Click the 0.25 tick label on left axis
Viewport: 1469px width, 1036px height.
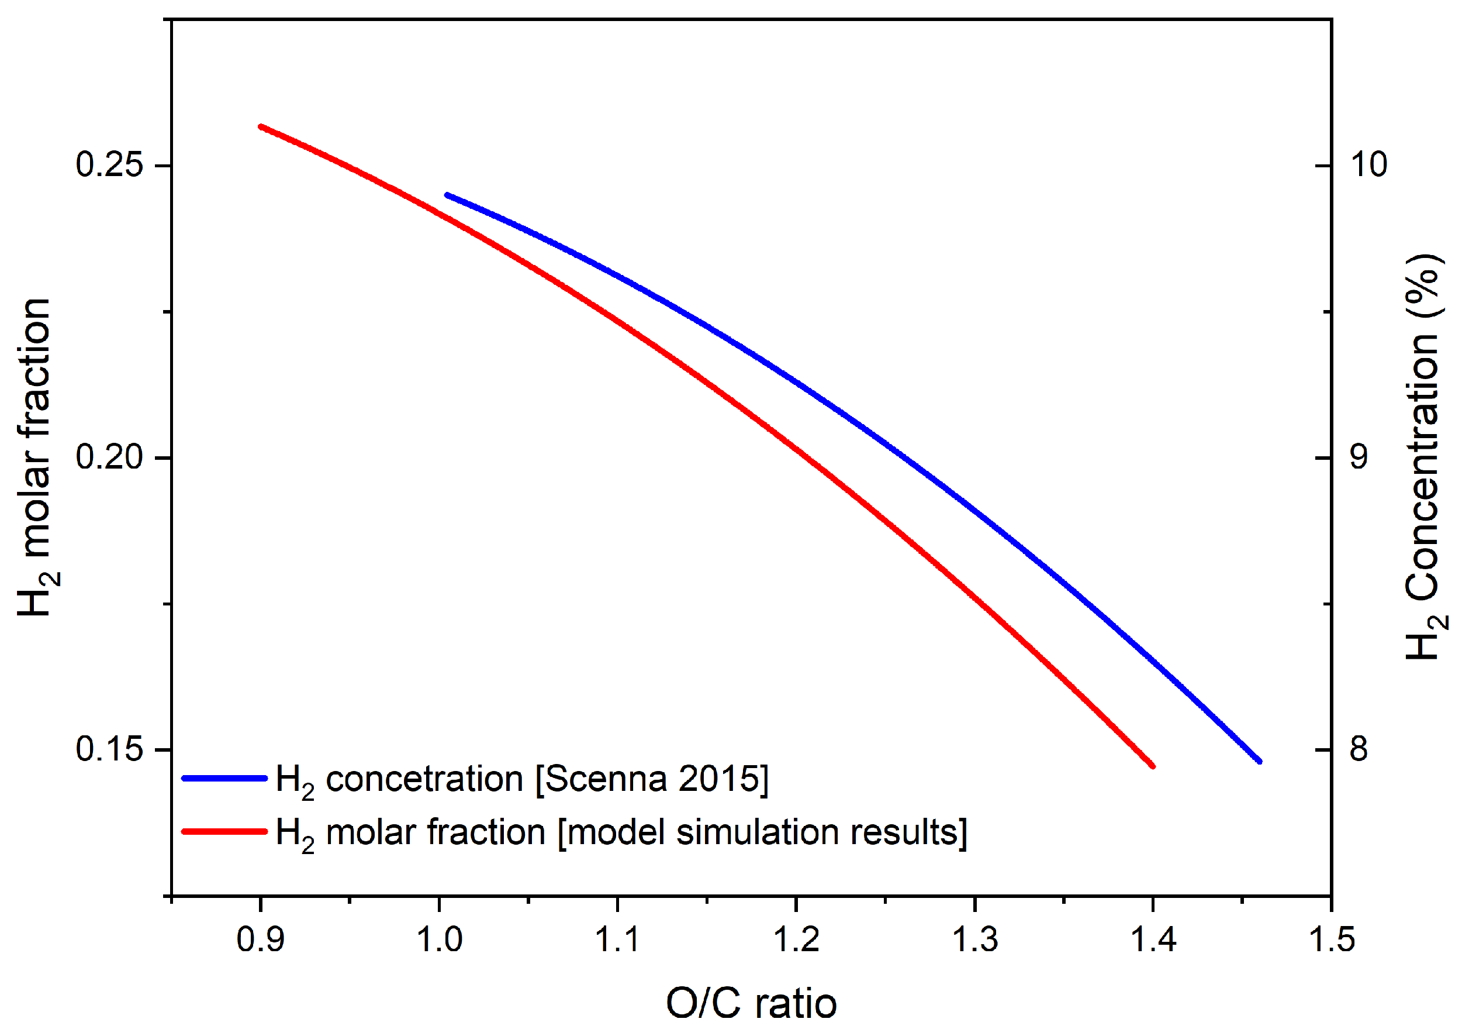tap(109, 164)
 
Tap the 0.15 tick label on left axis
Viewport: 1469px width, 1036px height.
tap(109, 749)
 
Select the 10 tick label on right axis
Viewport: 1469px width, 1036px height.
tap(1368, 164)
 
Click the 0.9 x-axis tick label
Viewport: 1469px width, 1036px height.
tap(260, 940)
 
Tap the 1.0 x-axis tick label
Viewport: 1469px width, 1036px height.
tap(439, 940)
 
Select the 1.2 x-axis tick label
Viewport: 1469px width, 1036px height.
tap(796, 940)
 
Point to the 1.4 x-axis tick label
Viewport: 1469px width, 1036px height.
tap(1153, 940)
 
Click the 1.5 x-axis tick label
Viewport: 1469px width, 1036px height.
tap(1332, 940)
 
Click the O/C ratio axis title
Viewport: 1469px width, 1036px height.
tap(751, 1003)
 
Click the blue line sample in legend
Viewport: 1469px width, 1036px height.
tap(224, 779)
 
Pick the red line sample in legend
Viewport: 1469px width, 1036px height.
tap(224, 832)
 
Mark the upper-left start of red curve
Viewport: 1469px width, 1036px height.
tap(260, 127)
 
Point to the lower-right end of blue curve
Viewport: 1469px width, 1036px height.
tap(1259, 761)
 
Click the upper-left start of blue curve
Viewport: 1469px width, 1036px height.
tap(447, 195)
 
